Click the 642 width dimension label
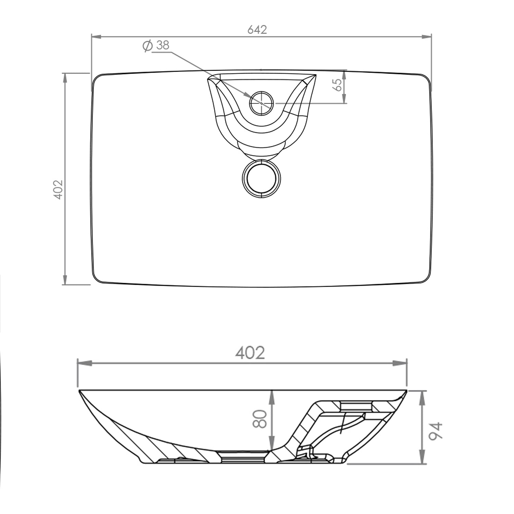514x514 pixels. point(257,30)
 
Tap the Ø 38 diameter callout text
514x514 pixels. point(156,46)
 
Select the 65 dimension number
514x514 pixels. point(338,85)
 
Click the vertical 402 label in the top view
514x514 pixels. point(58,189)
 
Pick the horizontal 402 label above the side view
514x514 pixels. point(250,353)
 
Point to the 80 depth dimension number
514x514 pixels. point(260,419)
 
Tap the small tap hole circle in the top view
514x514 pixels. point(262,103)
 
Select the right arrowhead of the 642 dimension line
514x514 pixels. point(426,37)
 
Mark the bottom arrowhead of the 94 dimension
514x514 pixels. point(423,459)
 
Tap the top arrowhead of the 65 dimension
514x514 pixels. point(344,75)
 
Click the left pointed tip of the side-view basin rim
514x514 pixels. point(79,391)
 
